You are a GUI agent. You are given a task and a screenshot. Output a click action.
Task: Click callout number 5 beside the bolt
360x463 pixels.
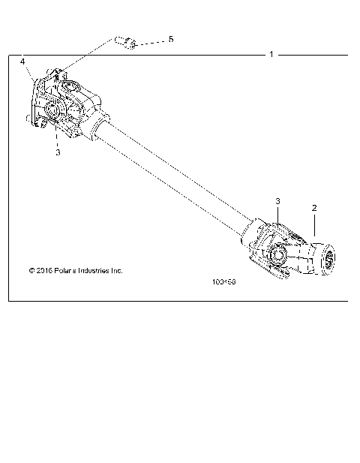pos(170,38)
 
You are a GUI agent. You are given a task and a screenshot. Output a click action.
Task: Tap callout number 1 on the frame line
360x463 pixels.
pos(271,55)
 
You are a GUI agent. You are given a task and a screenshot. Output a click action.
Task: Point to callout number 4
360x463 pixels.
pos(22,61)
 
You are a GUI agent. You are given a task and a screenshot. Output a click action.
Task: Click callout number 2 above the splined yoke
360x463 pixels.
pos(314,207)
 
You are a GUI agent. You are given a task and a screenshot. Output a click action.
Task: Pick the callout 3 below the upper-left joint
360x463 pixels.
pos(57,152)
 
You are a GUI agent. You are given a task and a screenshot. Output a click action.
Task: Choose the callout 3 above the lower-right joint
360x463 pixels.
pos(277,202)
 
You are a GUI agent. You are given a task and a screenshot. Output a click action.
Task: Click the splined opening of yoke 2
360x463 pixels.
pos(328,260)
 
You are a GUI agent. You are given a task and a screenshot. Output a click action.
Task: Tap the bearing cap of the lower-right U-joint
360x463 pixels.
pos(277,256)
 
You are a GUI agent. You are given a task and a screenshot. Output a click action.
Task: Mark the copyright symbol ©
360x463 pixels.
pos(31,270)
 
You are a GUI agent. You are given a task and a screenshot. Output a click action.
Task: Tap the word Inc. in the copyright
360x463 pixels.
pos(117,270)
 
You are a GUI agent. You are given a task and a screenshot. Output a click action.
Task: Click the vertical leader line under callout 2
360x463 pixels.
pos(314,225)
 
